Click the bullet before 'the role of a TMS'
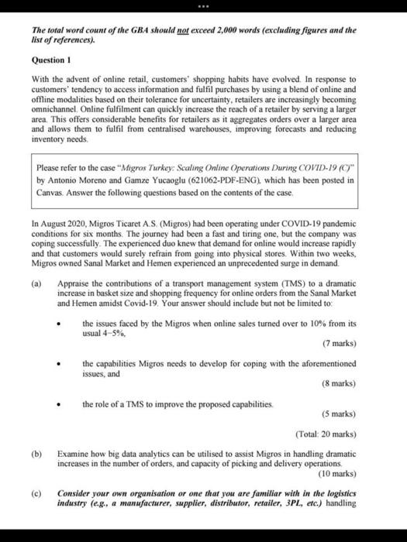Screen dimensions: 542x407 point(68,403)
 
